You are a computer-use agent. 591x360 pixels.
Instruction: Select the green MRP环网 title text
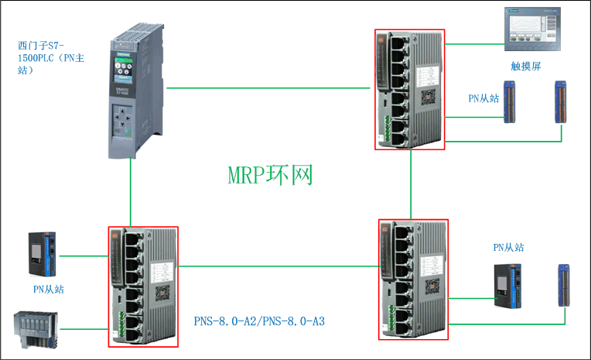[270, 174]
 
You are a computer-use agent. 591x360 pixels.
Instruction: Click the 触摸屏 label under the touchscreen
[525, 67]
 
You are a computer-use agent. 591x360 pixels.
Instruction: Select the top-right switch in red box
[410, 89]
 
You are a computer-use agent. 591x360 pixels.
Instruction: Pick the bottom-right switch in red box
[412, 279]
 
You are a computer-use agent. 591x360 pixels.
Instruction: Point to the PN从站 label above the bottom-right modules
[508, 247]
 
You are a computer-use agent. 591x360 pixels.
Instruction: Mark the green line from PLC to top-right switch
[271, 87]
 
